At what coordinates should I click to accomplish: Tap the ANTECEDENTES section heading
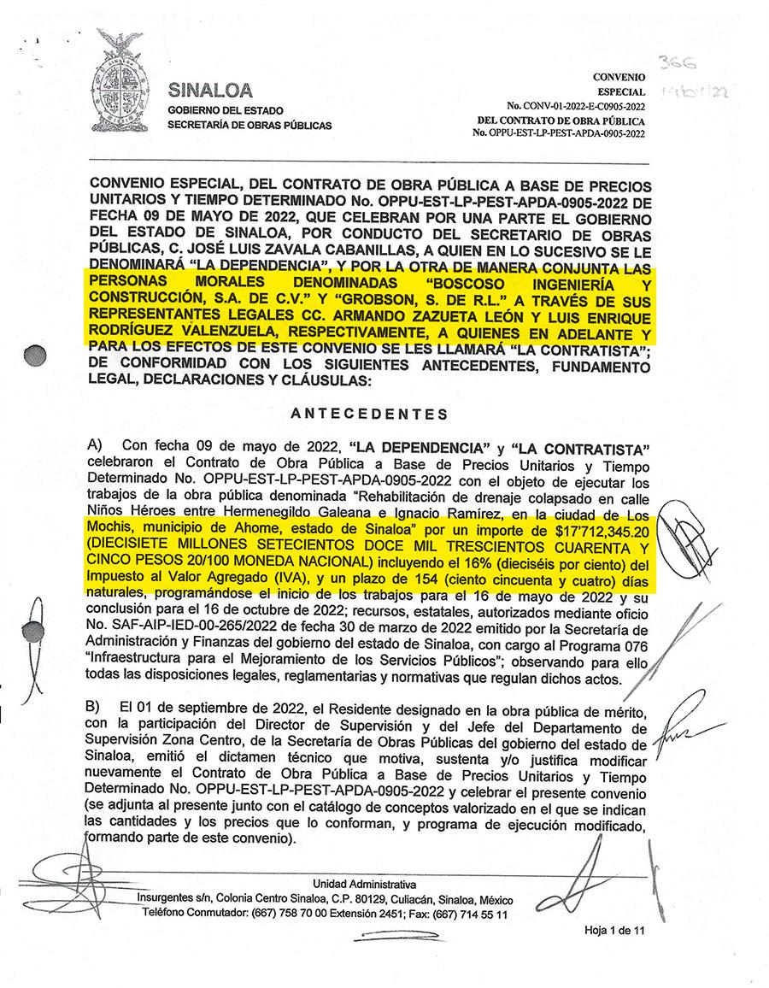point(369,415)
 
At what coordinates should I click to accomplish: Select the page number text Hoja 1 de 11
point(613,931)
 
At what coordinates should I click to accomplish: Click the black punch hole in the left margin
point(36,355)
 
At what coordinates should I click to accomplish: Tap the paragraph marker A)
point(94,446)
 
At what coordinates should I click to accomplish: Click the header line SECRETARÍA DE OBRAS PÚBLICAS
point(249,125)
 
